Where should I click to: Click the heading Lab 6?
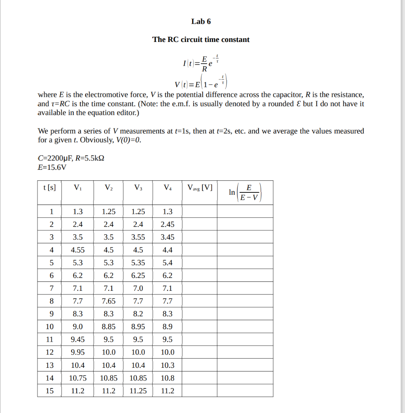pyautogui.click(x=201, y=21)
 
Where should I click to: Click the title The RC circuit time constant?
pyautogui.click(x=201, y=40)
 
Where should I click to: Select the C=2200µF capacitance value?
pyautogui.click(x=52, y=158)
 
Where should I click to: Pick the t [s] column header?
pyautogui.click(x=49, y=188)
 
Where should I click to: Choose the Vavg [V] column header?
pyautogui.click(x=200, y=188)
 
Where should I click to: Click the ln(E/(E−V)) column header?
pyautogui.click(x=245, y=192)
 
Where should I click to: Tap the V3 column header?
pyautogui.click(x=138, y=188)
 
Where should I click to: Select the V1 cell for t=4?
pyautogui.click(x=77, y=250)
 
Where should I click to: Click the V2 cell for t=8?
pyautogui.click(x=109, y=301)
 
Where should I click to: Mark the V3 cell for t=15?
pyautogui.click(x=138, y=391)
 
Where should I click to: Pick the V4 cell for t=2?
pyautogui.click(x=167, y=225)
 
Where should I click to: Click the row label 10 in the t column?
pyautogui.click(x=49, y=327)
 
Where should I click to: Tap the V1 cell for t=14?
pyautogui.click(x=77, y=378)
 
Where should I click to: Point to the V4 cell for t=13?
pyautogui.click(x=167, y=365)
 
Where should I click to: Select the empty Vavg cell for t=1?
pyautogui.click(x=200, y=212)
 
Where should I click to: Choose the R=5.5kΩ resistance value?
pyautogui.click(x=88, y=158)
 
